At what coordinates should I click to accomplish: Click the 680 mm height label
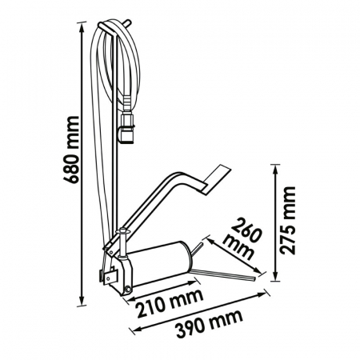pyautogui.click(x=71, y=150)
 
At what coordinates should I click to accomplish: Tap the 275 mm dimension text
pyautogui.click(x=288, y=221)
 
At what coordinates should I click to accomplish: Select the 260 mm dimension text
pyautogui.click(x=242, y=239)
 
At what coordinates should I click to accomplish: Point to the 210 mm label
pyautogui.click(x=169, y=303)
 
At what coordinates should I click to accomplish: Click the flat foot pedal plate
pyautogui.click(x=216, y=180)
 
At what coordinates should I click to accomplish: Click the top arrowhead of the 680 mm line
pyautogui.click(x=82, y=26)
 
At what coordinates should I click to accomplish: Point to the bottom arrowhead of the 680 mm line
pyautogui.click(x=82, y=302)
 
